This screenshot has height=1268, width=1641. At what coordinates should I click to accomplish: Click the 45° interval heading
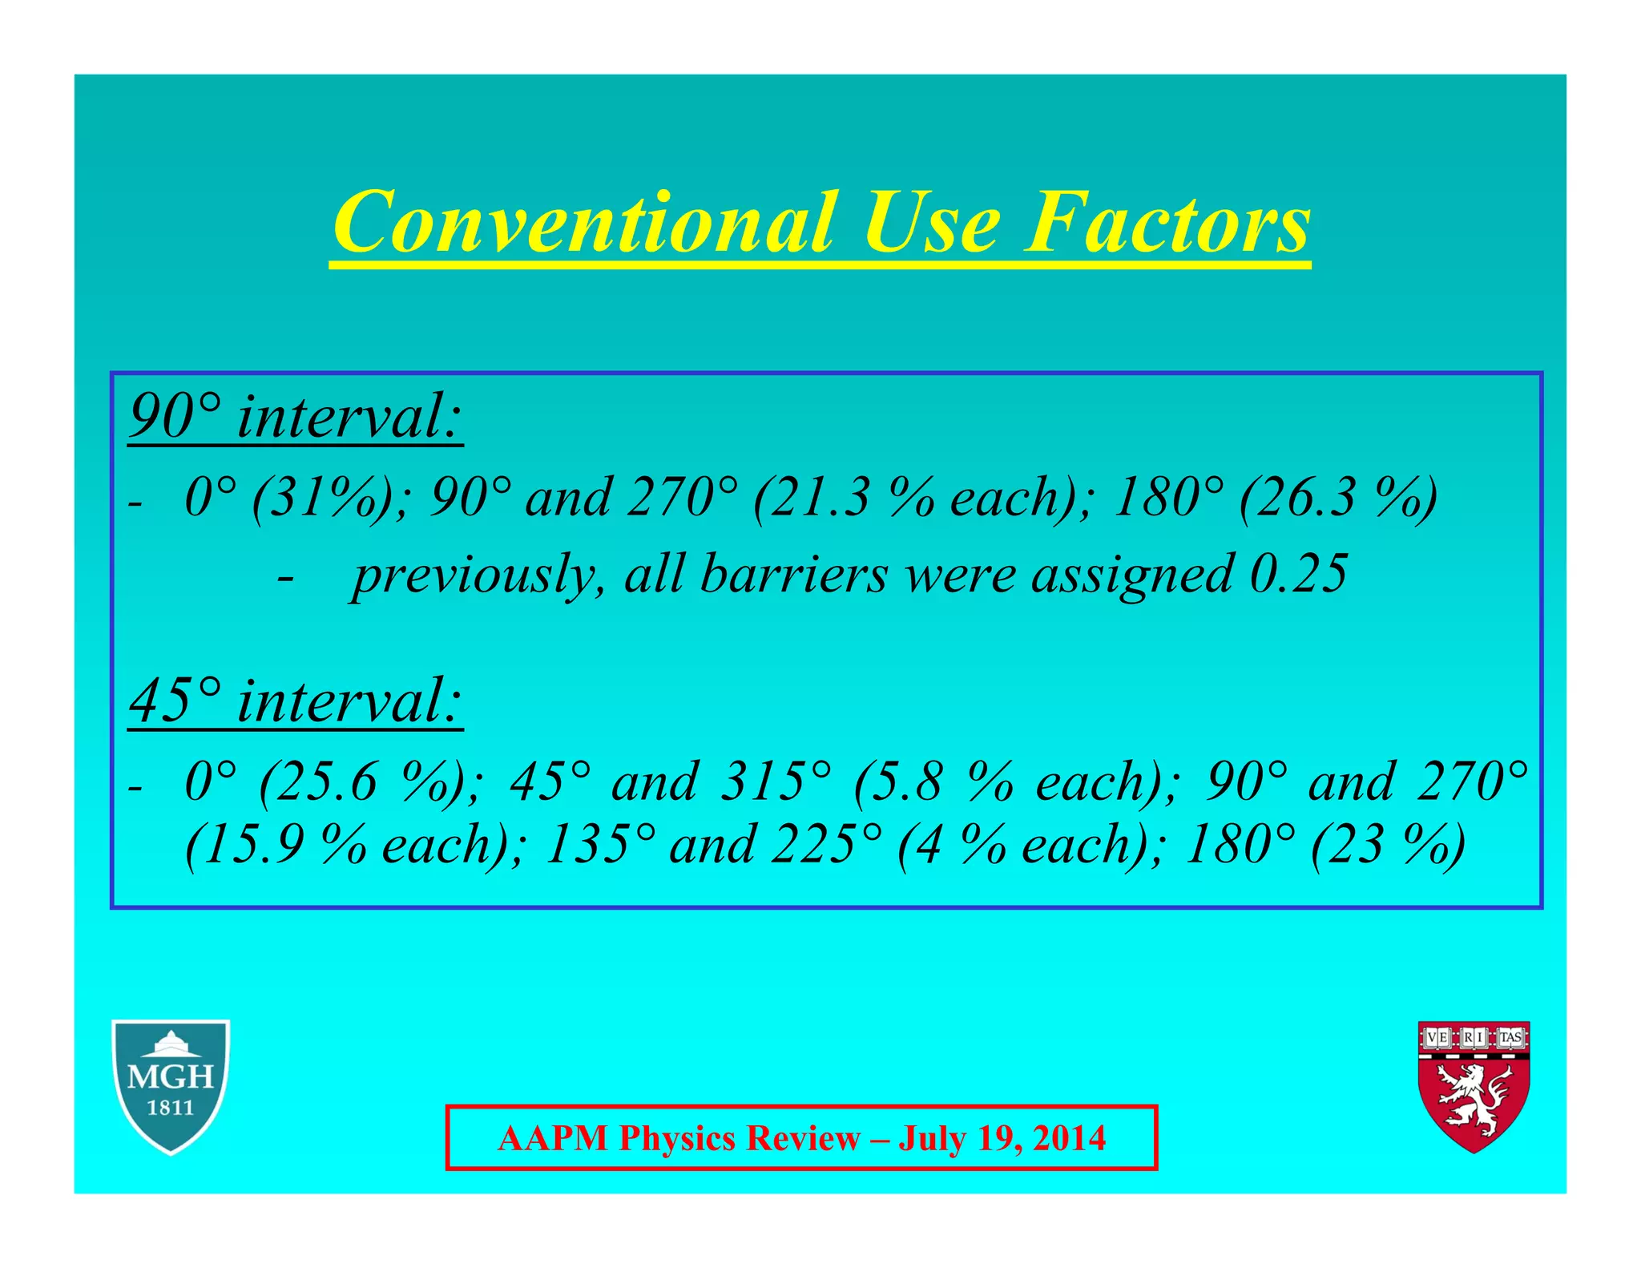pyautogui.click(x=296, y=701)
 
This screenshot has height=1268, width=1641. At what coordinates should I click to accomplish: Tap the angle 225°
pyautogui.click(x=825, y=846)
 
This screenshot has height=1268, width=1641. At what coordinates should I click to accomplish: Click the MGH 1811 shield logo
pyautogui.click(x=171, y=1086)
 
